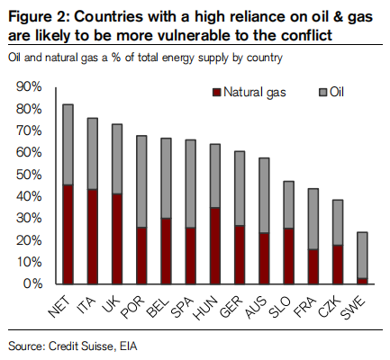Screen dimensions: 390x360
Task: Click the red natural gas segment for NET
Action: [68, 234]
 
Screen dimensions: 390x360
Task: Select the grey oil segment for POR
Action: [141, 182]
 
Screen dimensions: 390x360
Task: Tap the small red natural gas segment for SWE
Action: [362, 281]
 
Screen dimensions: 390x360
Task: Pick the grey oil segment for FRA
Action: [313, 219]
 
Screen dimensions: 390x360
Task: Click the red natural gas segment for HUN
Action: [215, 246]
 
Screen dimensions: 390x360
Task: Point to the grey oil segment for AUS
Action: [264, 195]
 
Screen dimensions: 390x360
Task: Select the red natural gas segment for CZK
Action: [338, 265]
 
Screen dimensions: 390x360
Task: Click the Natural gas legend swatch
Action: [216, 93]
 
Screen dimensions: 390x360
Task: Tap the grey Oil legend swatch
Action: [322, 93]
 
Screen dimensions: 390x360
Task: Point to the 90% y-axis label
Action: [29, 87]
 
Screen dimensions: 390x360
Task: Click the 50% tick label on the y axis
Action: [29, 175]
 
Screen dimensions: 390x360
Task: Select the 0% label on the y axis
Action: [32, 283]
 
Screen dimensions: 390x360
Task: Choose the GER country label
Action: [231, 307]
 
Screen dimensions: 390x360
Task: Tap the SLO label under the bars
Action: [280, 307]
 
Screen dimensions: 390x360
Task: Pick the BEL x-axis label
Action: [157, 307]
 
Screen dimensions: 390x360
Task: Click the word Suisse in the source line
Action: [97, 346]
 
